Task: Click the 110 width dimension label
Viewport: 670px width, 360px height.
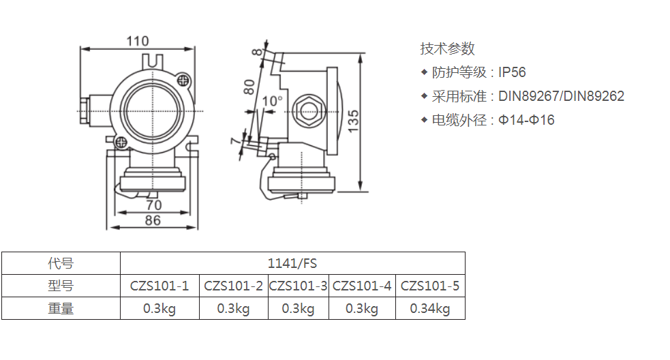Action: click(137, 41)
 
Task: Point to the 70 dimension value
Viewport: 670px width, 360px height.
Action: click(154, 204)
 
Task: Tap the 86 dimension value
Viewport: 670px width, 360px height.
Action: click(153, 220)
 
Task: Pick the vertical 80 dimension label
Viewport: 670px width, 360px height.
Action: click(249, 87)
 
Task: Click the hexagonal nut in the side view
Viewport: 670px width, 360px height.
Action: click(305, 110)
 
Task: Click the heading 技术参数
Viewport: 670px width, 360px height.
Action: click(447, 48)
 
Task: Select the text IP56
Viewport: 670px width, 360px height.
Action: click(512, 72)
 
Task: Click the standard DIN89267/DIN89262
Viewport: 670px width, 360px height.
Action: click(561, 96)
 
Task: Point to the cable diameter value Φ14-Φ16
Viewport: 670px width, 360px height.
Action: click(526, 120)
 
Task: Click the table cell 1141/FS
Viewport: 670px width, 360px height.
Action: click(292, 263)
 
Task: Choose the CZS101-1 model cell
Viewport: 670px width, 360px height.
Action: click(159, 286)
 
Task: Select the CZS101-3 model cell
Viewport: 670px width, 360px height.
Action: click(298, 286)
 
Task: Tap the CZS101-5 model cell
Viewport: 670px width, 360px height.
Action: click(430, 286)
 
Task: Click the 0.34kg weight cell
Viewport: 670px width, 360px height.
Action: click(430, 308)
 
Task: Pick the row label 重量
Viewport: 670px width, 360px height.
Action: click(61, 308)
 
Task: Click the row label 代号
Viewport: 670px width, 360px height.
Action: click(61, 263)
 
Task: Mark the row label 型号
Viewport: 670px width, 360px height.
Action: click(61, 286)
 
